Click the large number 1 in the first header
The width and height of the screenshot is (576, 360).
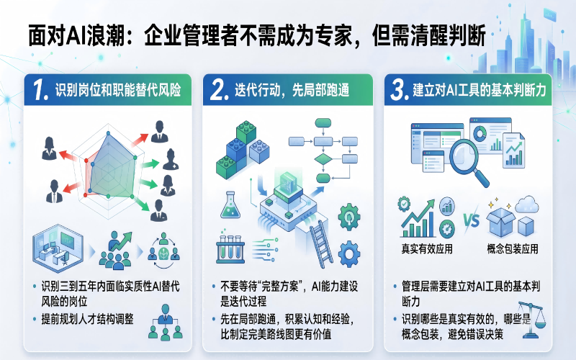pyautogui.click(x=40, y=90)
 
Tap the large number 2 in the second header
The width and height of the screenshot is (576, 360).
pyautogui.click(x=220, y=90)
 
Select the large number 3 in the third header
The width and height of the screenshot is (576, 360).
pyautogui.click(x=400, y=90)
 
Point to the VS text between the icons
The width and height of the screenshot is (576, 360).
pyautogui.click(x=472, y=220)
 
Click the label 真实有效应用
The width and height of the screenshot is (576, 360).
pyautogui.click(x=427, y=248)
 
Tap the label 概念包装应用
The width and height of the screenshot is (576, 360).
pyautogui.click(x=513, y=248)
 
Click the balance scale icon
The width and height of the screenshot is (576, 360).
pyautogui.click(x=531, y=320)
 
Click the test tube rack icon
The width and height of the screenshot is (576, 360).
pyautogui.click(x=230, y=247)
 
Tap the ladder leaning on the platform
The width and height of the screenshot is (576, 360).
pyautogui.click(x=320, y=243)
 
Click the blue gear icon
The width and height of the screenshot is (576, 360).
pyautogui.click(x=349, y=254)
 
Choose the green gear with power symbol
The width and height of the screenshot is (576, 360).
pyautogui.click(x=349, y=217)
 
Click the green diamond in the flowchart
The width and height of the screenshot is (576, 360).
pyautogui.click(x=323, y=159)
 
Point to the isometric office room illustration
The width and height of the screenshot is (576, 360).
pyautogui.click(x=58, y=248)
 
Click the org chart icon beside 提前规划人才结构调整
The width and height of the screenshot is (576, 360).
pyautogui.click(x=166, y=322)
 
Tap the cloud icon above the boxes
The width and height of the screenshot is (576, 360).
pyautogui.click(x=527, y=204)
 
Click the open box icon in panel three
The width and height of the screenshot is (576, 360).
pyautogui.click(x=500, y=222)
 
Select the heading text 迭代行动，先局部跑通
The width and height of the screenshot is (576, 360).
pyautogui.click(x=292, y=91)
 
